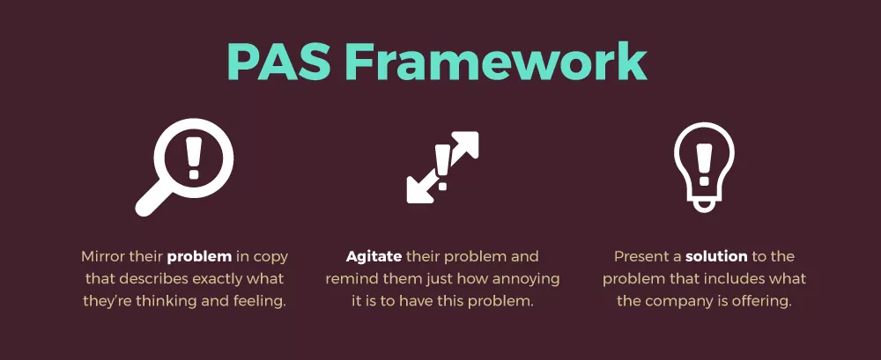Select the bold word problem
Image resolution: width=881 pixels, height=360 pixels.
point(200,257)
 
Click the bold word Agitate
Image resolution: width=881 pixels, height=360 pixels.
point(374,257)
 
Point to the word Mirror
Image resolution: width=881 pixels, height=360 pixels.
point(105,257)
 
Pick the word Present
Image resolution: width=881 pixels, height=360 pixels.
point(642,257)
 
